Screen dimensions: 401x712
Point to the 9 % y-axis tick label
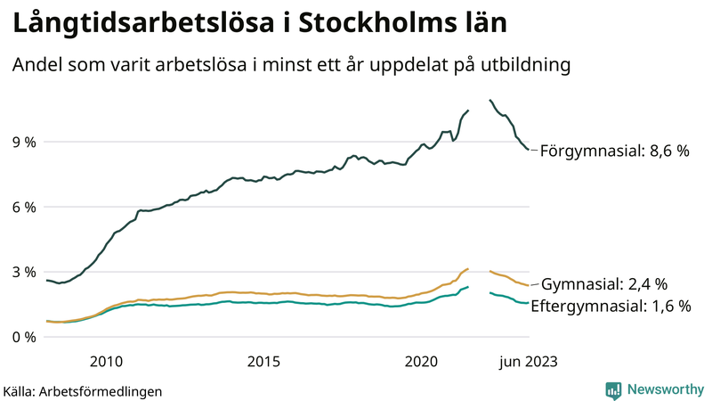[24, 142]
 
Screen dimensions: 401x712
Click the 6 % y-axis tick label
[24, 207]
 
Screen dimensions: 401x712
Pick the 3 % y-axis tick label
[24, 272]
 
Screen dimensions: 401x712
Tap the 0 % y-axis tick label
[24, 337]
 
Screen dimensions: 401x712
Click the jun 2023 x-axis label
[528, 361]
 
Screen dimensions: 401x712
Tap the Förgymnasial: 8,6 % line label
[614, 151]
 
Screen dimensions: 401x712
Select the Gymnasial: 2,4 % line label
[604, 285]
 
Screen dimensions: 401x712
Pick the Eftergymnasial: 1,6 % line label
[611, 306]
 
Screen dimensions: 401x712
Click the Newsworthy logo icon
[613, 389]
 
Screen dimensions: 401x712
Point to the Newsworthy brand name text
[664, 389]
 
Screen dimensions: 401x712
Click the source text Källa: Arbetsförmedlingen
[83, 390]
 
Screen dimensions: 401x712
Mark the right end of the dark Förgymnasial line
[529, 150]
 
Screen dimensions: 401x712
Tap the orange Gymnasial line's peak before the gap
[468, 268]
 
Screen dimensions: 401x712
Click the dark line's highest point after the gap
[490, 101]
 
